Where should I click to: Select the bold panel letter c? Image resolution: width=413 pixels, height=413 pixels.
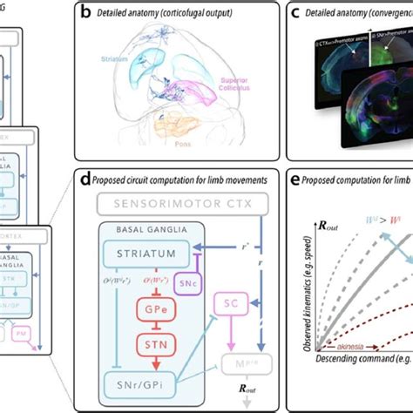pyautogui.click(x=296, y=13)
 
